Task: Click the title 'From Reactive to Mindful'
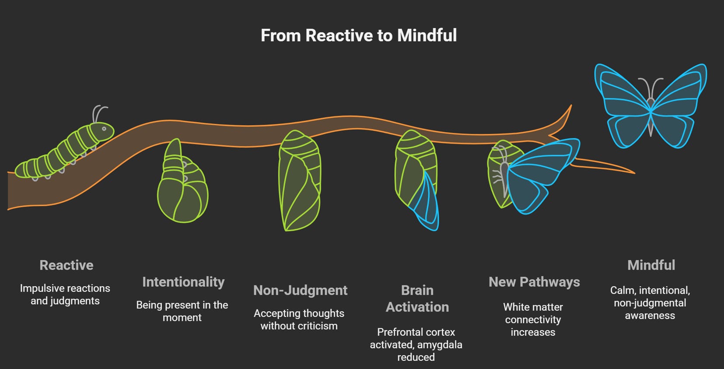[359, 35]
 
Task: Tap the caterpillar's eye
[104, 129]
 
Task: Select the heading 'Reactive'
[66, 265]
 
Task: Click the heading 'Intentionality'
[183, 282]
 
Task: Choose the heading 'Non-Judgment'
[300, 290]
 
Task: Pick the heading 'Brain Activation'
[417, 299]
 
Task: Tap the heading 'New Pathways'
[534, 282]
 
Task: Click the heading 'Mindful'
[651, 265]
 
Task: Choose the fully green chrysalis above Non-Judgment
[300, 181]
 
